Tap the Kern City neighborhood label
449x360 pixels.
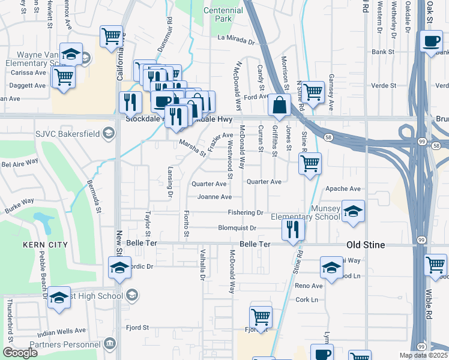click(x=45, y=245)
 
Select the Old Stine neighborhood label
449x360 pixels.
click(x=366, y=245)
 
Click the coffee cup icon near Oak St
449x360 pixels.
click(x=431, y=41)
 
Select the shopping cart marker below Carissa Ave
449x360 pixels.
click(x=64, y=77)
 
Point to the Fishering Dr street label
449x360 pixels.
click(x=246, y=212)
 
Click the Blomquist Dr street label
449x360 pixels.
click(x=237, y=228)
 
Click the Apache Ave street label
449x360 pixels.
click(x=342, y=188)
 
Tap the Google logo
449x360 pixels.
click(x=20, y=353)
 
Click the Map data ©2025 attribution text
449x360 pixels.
click(x=424, y=355)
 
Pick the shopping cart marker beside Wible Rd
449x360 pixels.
click(x=435, y=264)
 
